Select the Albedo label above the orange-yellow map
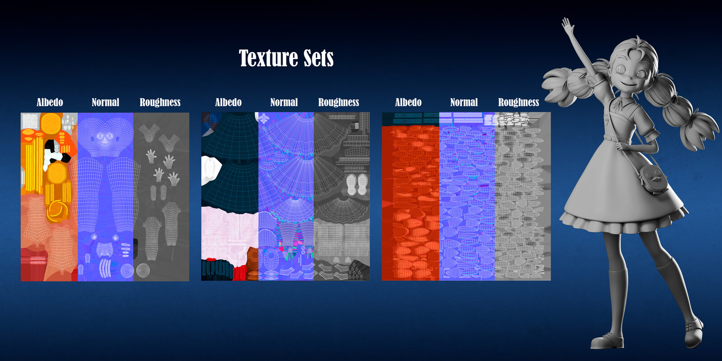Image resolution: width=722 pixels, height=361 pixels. coord(50,102)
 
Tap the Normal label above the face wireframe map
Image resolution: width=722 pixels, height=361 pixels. coord(106,102)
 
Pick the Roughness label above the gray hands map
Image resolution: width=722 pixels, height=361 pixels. coord(160,102)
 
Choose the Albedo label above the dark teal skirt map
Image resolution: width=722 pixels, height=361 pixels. coord(228,102)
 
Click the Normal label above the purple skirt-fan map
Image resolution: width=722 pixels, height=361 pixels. coord(284,102)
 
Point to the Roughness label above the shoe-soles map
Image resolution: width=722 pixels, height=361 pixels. coord(339,102)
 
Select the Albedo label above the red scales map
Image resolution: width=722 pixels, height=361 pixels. coord(408,102)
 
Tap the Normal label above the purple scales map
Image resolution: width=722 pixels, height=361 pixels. coord(464,102)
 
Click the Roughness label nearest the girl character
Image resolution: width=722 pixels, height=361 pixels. coord(518,102)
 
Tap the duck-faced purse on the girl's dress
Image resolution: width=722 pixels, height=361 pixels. coord(653,178)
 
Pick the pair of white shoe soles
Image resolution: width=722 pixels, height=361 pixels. coord(357,185)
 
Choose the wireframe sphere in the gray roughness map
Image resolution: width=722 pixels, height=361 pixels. coord(143,270)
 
